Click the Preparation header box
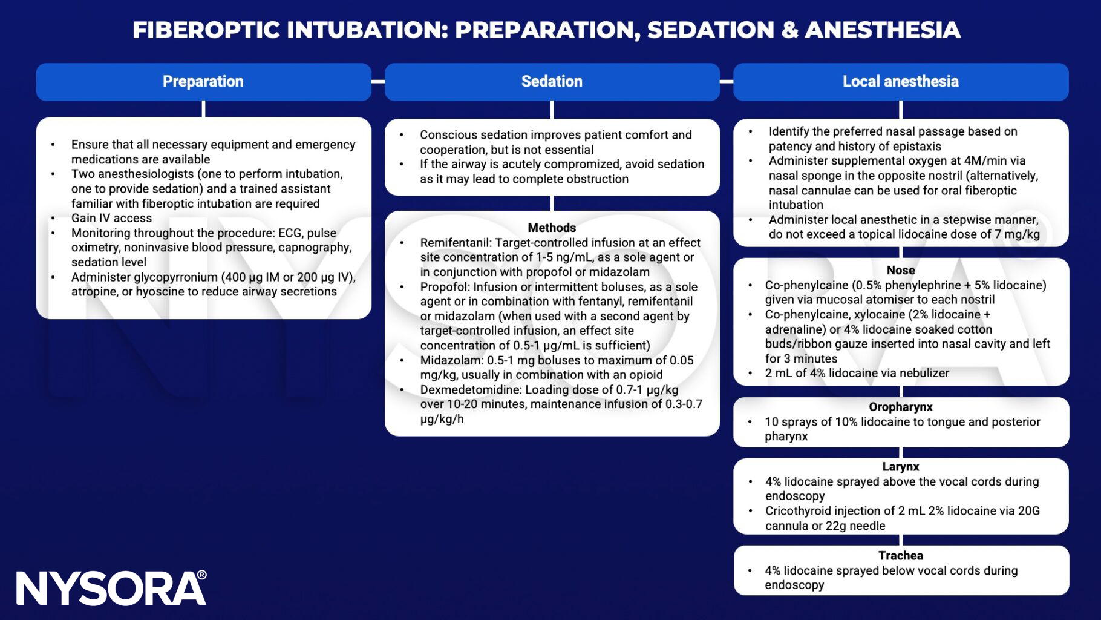click(203, 82)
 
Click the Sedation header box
click(552, 82)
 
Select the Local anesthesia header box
click(900, 82)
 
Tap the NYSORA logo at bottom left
click(111, 588)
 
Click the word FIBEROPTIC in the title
click(206, 30)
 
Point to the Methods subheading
click(552, 228)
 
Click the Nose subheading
click(900, 270)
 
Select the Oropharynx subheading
click(900, 407)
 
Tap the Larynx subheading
click(900, 467)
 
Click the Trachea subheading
click(900, 555)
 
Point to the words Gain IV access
click(111, 218)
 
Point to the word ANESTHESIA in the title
click(882, 30)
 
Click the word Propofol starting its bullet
click(443, 287)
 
